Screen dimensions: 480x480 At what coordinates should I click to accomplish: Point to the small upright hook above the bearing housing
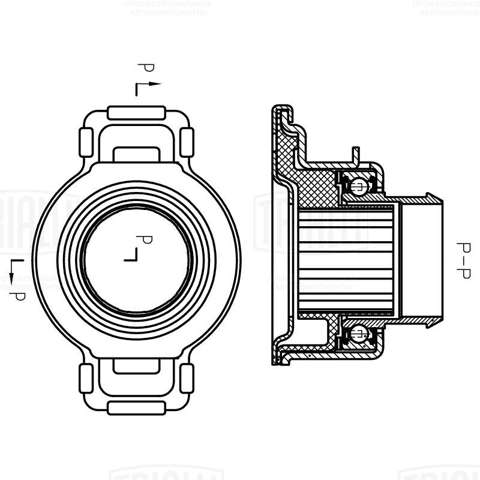tap(356, 154)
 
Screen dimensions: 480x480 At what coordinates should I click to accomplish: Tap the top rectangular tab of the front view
tap(136, 112)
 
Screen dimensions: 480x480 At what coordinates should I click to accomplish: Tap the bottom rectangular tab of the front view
tap(136, 407)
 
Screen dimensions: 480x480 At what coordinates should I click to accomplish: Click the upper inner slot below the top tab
tap(136, 154)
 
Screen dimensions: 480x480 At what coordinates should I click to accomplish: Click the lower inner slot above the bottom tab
tap(136, 366)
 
